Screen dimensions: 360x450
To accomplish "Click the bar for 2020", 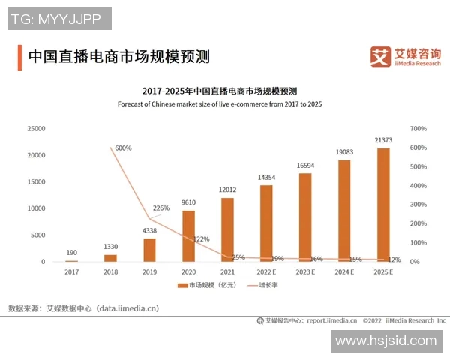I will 188,235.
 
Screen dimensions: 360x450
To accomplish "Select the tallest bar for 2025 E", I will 383,204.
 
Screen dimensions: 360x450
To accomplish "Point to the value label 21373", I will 383,140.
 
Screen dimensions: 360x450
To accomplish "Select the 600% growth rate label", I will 123,148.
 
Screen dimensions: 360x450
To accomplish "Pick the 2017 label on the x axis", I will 71,271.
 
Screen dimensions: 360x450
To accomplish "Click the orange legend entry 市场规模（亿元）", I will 207,286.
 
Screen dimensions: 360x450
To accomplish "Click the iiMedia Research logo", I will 406,56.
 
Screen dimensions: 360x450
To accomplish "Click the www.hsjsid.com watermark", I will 385,341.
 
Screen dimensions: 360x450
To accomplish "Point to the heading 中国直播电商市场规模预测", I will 118,57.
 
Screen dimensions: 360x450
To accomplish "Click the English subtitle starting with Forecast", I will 220,103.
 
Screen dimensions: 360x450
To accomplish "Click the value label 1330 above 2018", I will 110,247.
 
